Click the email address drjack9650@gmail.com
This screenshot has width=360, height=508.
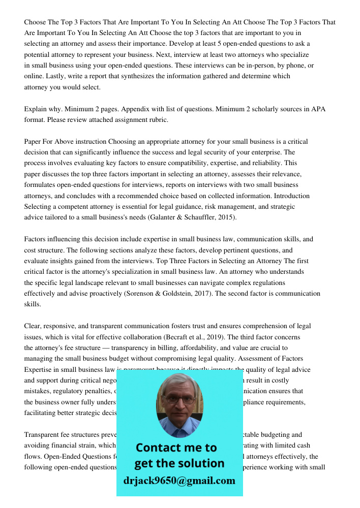coord(179,481)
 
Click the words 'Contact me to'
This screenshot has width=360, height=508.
coord(176,448)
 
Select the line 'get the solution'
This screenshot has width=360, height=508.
coord(179,463)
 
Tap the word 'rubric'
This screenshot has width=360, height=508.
coord(156,120)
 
